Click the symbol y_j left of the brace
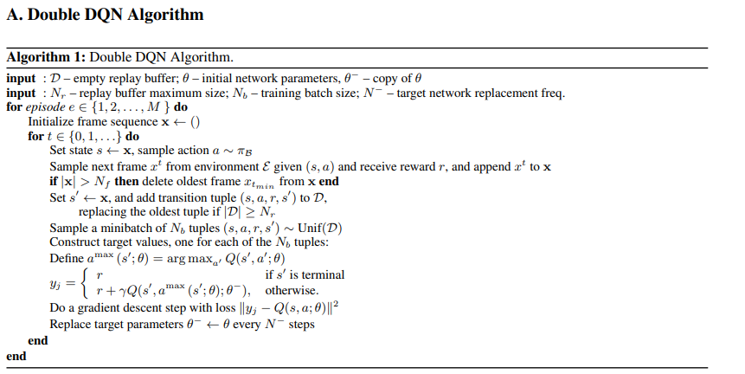(58, 281)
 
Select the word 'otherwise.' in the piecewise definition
(292, 290)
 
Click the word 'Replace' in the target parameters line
(71, 325)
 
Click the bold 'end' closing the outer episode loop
(16, 356)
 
